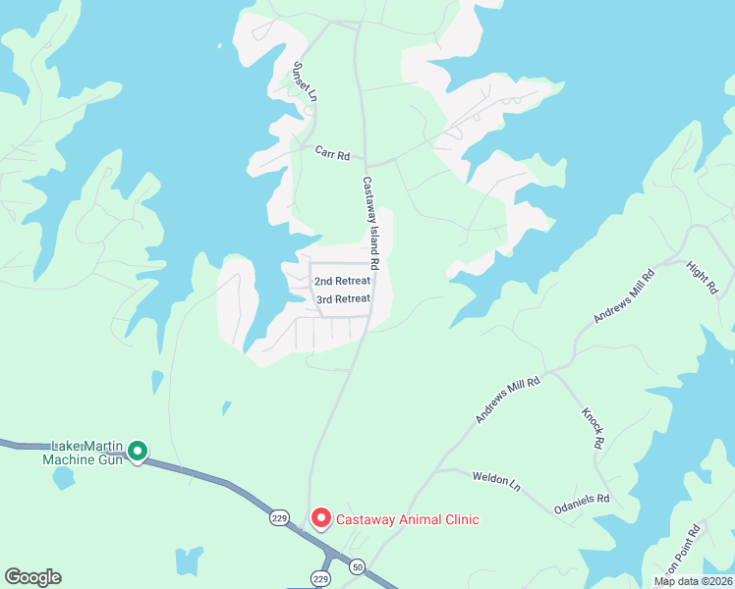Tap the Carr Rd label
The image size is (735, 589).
click(x=333, y=154)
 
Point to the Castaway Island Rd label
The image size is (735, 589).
click(x=369, y=223)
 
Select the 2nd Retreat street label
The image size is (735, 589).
click(x=342, y=281)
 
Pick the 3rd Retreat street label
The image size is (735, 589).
click(x=343, y=298)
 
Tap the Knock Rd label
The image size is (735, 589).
click(x=593, y=428)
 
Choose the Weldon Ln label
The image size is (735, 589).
click(x=495, y=479)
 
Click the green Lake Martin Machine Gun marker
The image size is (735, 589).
click(x=138, y=452)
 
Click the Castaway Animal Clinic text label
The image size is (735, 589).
click(x=408, y=519)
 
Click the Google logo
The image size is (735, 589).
click(x=32, y=577)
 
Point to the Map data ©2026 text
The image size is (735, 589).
click(x=693, y=581)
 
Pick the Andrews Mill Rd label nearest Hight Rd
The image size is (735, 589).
click(x=623, y=303)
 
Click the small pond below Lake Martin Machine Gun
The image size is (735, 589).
click(x=63, y=479)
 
